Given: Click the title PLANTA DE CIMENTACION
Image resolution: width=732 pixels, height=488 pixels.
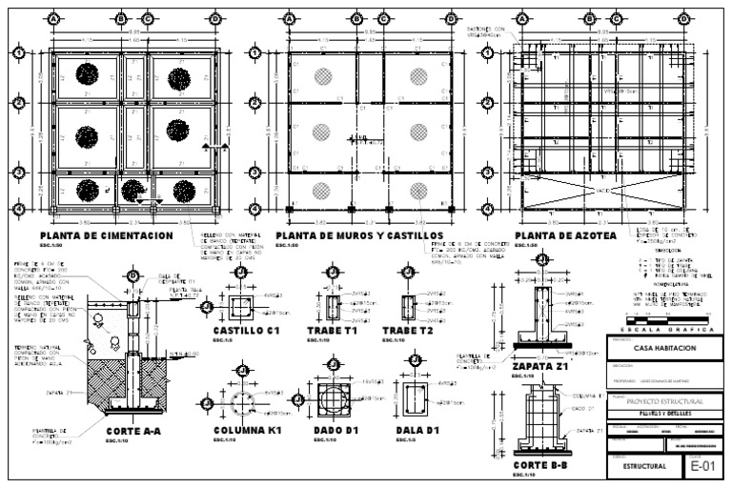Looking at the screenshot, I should [106, 235].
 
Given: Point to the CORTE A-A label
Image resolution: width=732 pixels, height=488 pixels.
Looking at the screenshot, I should [132, 431].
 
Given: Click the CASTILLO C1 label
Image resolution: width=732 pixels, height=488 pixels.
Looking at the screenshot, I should [246, 330].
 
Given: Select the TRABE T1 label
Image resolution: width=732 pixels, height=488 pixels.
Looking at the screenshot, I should [332, 330].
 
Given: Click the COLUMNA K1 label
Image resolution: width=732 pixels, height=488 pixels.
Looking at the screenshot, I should [247, 431].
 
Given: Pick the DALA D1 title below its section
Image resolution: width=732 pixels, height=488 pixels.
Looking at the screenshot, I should [416, 431].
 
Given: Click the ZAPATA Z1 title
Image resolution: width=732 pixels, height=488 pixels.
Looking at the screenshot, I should [539, 365].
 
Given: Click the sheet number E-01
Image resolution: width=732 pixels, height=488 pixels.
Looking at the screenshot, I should [701, 466].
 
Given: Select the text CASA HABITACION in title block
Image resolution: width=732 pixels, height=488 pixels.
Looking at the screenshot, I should [664, 349].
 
